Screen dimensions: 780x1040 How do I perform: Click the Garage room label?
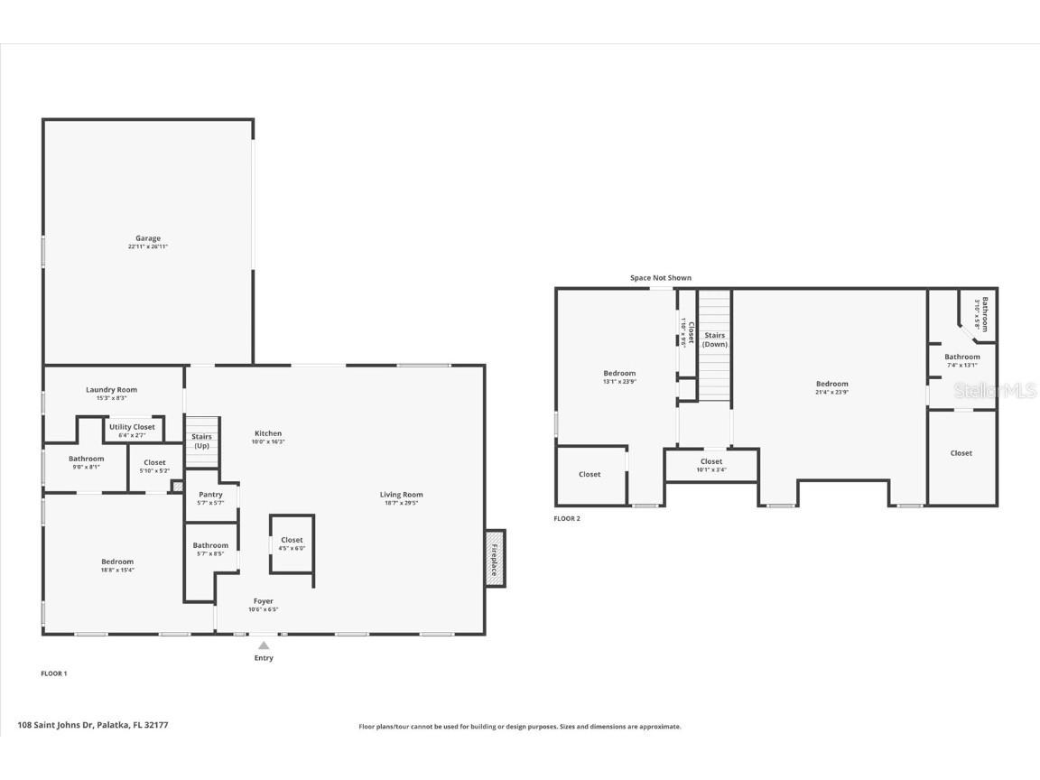coord(148,238)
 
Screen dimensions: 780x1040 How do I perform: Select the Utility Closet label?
coord(132,427)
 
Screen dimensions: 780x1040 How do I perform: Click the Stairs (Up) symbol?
coord(202,441)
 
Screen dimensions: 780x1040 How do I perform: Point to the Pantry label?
coord(210,495)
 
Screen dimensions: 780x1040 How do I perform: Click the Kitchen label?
coord(267,433)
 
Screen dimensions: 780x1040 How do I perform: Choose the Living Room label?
coord(401,495)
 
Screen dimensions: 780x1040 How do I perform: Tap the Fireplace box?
coord(495,557)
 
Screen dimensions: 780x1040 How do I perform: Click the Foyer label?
coord(263,601)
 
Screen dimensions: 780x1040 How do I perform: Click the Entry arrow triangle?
coord(264,645)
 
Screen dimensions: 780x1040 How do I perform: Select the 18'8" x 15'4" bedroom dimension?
coord(117,570)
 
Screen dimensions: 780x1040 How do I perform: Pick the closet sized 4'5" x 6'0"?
coord(292,543)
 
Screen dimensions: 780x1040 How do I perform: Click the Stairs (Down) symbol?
coord(715,340)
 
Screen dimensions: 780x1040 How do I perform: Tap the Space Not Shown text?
coord(660,278)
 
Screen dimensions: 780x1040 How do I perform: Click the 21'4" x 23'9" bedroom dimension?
coord(831,392)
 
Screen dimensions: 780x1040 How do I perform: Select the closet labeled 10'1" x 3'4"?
coord(711,465)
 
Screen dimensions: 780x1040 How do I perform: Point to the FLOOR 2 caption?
coord(567,518)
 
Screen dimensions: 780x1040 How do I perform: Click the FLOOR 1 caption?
coord(54,673)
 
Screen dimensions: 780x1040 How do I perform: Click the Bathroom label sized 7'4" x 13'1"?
coord(961,357)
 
